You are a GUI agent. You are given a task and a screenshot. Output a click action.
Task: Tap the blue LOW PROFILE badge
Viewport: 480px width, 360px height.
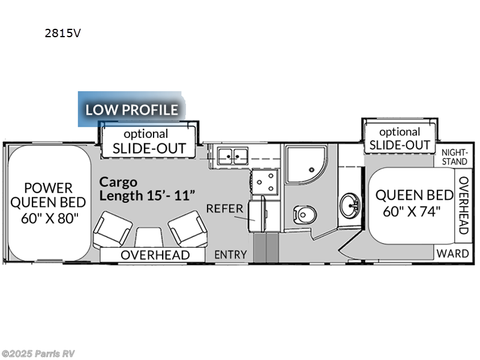[131, 110]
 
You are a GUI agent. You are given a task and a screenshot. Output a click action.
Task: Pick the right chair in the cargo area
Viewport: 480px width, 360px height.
[186, 228]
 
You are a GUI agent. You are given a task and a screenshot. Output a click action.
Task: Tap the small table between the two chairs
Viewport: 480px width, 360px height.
[149, 237]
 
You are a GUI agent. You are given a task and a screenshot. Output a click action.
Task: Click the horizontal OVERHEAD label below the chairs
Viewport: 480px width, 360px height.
[155, 255]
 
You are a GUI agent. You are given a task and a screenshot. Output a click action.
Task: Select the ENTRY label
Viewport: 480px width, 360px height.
[230, 255]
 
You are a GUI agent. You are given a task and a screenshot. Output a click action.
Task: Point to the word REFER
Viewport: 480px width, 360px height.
[224, 209]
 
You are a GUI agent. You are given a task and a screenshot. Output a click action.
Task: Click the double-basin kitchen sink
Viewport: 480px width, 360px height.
[233, 156]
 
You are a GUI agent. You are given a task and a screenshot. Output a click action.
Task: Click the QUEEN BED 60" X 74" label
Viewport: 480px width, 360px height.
[414, 203]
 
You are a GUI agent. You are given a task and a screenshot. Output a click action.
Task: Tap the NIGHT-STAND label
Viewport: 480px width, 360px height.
[454, 157]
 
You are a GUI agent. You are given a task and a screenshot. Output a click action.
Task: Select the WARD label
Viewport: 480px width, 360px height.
[453, 253]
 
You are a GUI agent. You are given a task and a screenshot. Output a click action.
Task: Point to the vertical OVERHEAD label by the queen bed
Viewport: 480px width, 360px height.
[463, 205]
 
